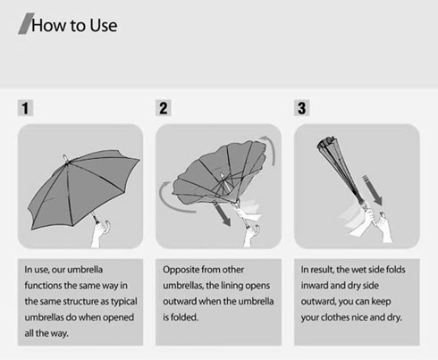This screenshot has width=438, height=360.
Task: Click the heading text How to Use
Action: pyautogui.click(x=74, y=25)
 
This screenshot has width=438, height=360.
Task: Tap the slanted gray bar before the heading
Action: pyautogui.click(x=26, y=23)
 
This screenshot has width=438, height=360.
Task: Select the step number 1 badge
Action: pyautogui.click(x=25, y=108)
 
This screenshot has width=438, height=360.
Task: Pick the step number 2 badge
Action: pyautogui.click(x=164, y=108)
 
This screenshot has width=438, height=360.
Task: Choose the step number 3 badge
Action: pyautogui.click(x=301, y=108)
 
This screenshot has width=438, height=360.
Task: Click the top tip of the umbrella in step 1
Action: pyautogui.click(x=64, y=156)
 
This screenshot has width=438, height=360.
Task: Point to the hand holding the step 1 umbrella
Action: pyautogui.click(x=100, y=234)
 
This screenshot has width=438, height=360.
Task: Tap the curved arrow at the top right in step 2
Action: pyautogui.click(x=270, y=147)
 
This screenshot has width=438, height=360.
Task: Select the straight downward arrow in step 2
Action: pyautogui.click(x=222, y=213)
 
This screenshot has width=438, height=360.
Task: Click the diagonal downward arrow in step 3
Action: pyautogui.click(x=373, y=190)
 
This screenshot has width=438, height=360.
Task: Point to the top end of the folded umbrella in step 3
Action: pyautogui.click(x=325, y=140)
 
